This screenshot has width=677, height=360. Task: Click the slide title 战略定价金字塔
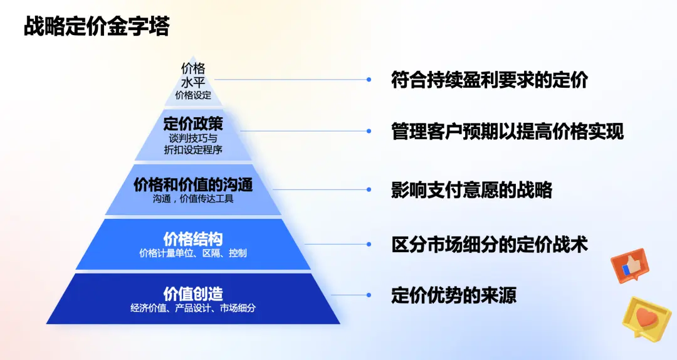tap(97, 27)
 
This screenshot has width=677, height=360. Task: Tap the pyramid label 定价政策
tap(193, 123)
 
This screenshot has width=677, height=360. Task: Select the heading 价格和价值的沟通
tap(193, 184)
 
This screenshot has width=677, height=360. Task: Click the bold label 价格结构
tap(193, 238)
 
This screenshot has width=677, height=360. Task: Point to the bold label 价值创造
tap(193, 294)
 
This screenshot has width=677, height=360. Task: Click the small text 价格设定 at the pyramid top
tap(193, 96)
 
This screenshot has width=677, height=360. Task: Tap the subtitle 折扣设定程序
tap(193, 150)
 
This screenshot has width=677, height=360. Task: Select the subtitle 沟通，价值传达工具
tap(193, 199)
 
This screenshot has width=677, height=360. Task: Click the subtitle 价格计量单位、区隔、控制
tap(193, 253)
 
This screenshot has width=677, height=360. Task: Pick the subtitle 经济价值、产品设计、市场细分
tap(193, 308)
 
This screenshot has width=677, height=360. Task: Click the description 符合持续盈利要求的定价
tap(489, 80)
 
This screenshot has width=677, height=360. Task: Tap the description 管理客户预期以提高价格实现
tap(507, 132)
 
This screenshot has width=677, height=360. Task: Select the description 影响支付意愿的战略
tap(471, 189)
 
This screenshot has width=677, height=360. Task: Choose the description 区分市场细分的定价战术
tap(489, 244)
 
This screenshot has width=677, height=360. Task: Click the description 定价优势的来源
tap(454, 295)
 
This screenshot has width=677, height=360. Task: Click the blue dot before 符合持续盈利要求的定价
tap(369, 80)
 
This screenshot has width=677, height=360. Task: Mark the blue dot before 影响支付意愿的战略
tap(369, 189)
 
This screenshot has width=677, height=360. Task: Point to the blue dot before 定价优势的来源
tap(369, 295)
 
